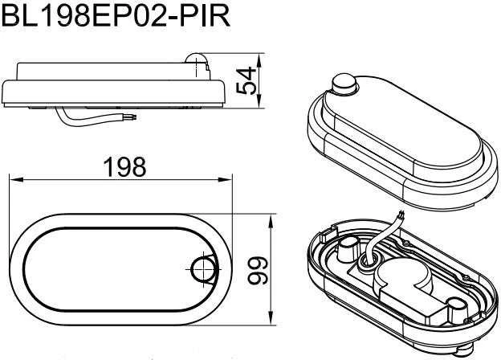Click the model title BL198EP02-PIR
pos(115,15)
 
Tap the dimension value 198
pos(124,167)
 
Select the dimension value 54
pos(246,80)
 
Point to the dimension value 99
pos(258,270)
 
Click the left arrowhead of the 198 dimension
pos(16,180)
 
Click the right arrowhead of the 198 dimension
pos(225,180)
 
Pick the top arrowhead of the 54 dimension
pos(259,60)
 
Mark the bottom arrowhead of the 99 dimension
pos(271,318)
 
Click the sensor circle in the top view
pos(202,269)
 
